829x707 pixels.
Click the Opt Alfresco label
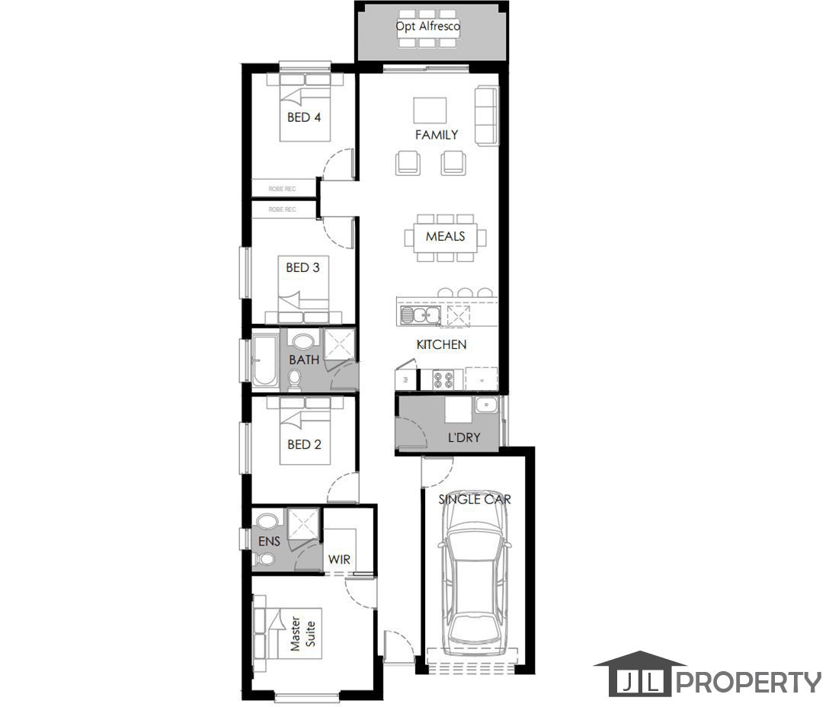427,26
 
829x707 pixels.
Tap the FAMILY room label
437,135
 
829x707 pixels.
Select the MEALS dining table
445,236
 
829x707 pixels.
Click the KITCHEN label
441,344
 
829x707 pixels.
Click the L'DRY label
463,438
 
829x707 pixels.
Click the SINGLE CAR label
474,500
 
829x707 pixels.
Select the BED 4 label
303,117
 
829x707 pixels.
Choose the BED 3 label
302,267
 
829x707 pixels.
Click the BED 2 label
303,444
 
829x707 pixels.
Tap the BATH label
304,360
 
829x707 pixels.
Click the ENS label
269,541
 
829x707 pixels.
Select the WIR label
339,559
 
